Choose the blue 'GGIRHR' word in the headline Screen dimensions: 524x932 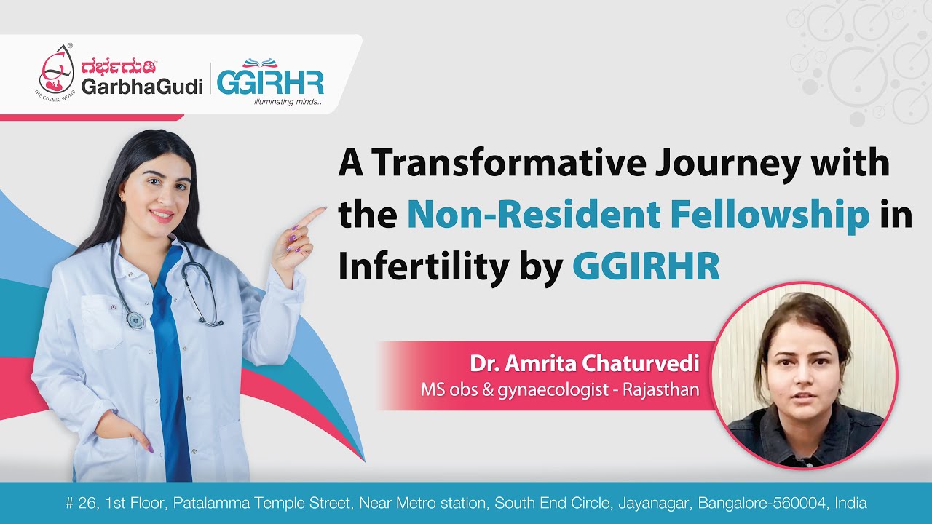[646, 267]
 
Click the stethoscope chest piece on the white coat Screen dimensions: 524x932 [135, 319]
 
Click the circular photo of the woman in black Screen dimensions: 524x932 [804, 375]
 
